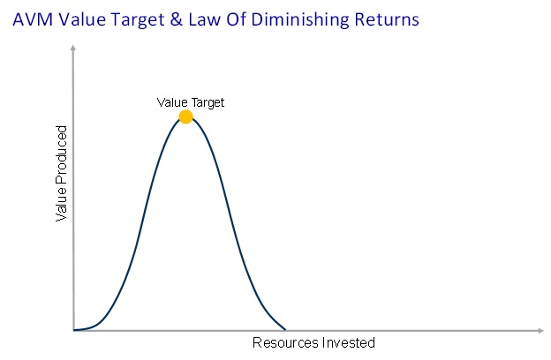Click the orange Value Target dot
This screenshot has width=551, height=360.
click(x=185, y=116)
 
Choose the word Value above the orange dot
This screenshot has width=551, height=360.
click(x=171, y=102)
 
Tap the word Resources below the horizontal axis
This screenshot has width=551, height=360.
click(x=283, y=343)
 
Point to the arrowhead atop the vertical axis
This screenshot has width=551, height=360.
click(x=74, y=51)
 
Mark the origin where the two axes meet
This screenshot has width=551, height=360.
click(x=74, y=330)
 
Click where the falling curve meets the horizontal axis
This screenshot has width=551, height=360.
click(x=285, y=330)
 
